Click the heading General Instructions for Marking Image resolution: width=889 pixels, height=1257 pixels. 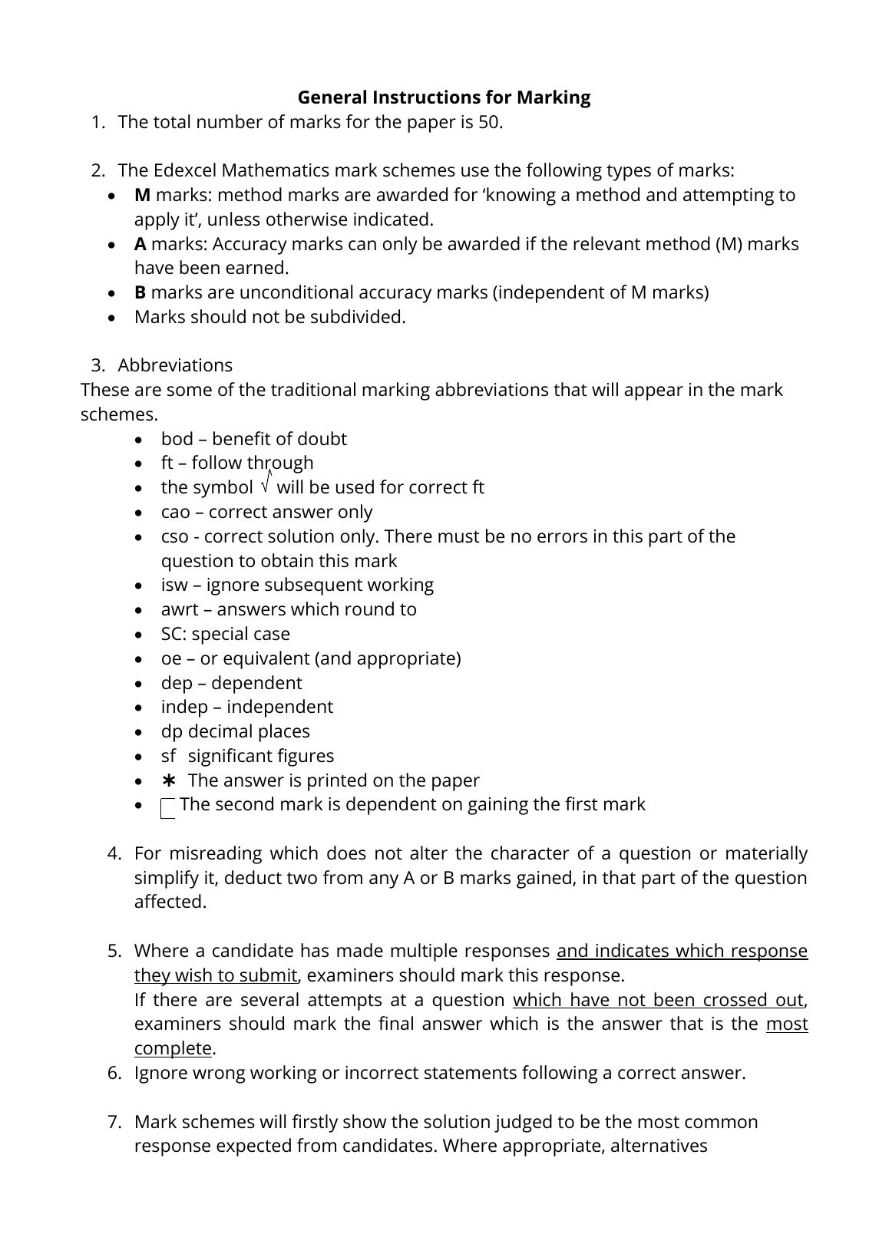[444, 97]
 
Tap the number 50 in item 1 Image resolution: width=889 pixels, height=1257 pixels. [488, 122]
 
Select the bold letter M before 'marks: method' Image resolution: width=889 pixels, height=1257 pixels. [142, 195]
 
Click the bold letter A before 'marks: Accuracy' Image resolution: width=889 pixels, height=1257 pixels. [140, 244]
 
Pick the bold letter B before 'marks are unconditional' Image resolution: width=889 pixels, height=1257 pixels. [140, 292]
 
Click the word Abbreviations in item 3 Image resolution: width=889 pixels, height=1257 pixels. [175, 365]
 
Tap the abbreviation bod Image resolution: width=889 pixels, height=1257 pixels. [177, 439]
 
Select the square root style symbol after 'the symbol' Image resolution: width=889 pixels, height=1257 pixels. [266, 483]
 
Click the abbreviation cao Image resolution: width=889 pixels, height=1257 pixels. [176, 512]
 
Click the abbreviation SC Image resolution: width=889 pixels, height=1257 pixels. [172, 634]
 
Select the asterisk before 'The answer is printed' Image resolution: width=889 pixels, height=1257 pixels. [169, 780]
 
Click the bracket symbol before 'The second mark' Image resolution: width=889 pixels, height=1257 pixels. [168, 808]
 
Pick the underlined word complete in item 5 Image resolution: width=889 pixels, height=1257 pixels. [173, 1048]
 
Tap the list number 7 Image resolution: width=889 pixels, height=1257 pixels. [114, 1122]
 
